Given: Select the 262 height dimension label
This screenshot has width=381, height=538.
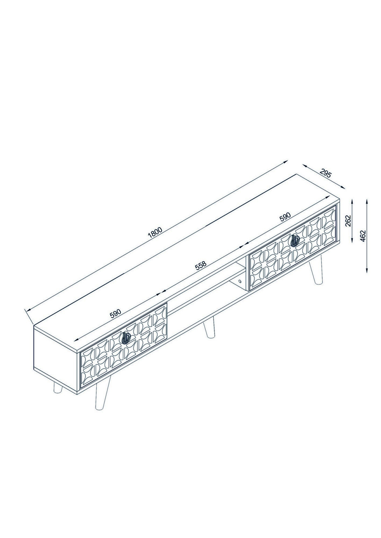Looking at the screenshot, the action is coord(348,221).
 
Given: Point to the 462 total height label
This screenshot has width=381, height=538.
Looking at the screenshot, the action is coord(363,236).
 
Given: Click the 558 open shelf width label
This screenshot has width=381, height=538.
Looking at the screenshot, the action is coord(201,266).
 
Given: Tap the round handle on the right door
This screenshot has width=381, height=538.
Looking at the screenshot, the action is coord(295,240).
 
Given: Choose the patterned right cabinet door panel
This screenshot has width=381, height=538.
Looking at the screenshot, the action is coord(293,247).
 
